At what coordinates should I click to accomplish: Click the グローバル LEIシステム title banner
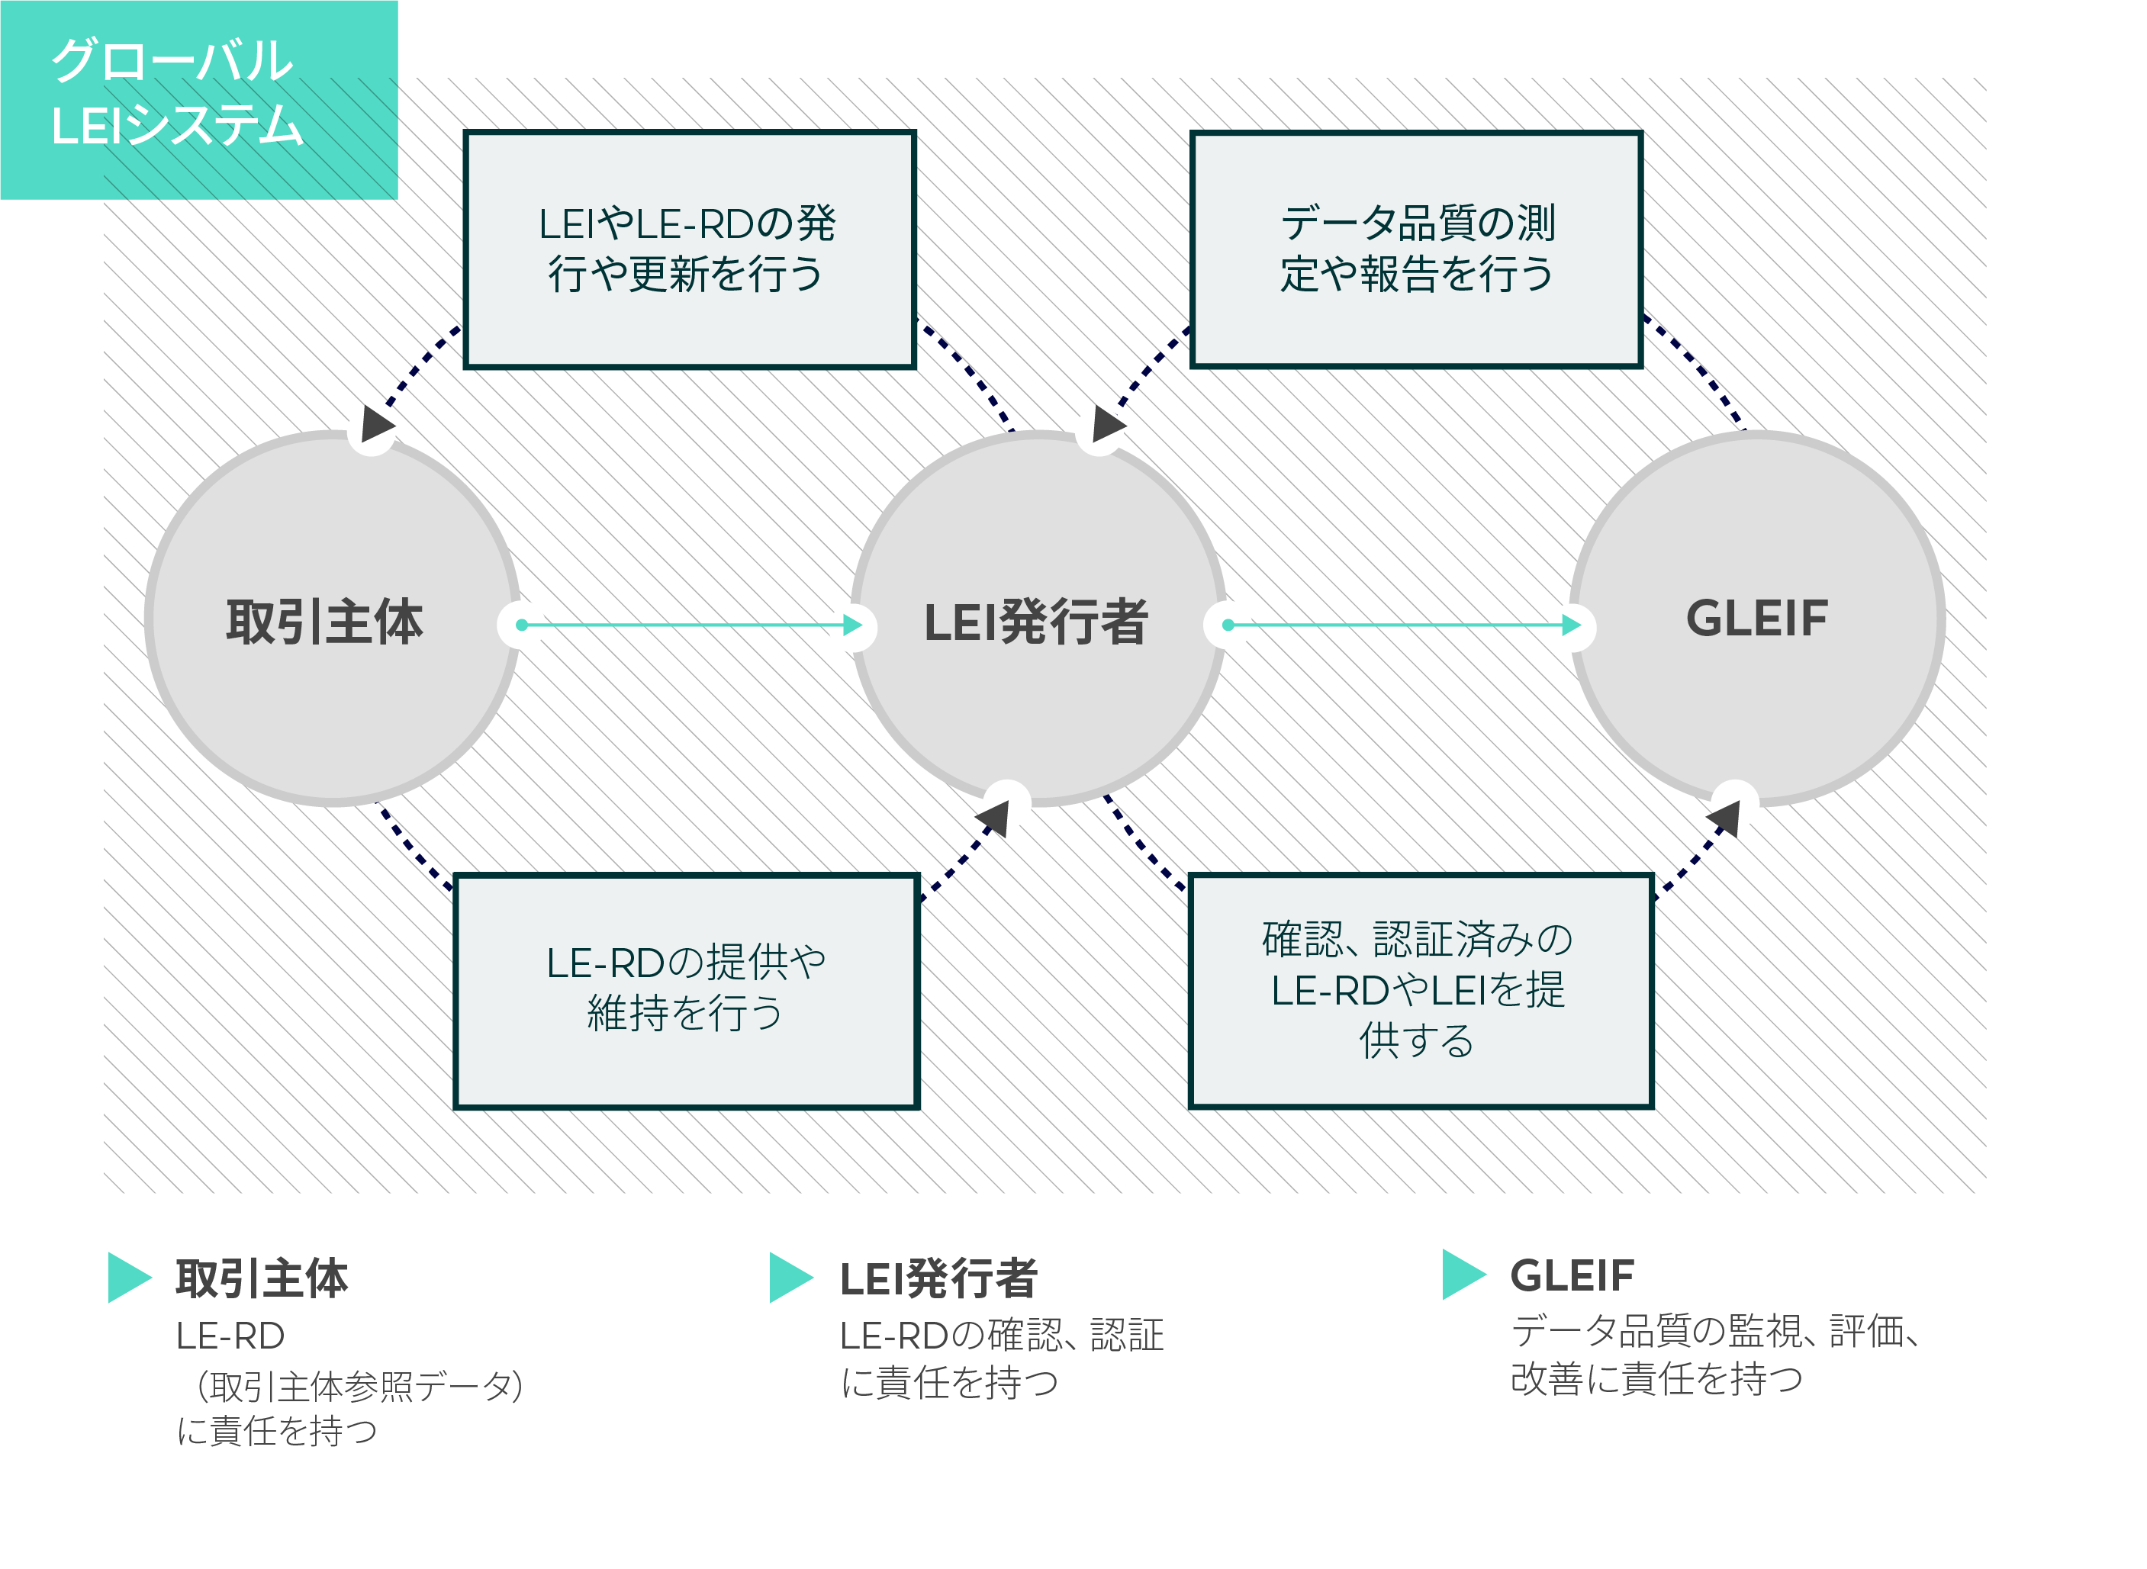click(198, 100)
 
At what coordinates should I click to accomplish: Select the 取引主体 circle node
click(333, 619)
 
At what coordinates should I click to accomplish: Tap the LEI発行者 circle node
click(1038, 619)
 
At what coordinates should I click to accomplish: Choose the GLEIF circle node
click(1757, 619)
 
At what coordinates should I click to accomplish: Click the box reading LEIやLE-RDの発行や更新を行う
click(690, 249)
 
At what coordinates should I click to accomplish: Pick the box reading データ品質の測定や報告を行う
click(1416, 249)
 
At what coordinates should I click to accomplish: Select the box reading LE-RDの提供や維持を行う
click(687, 991)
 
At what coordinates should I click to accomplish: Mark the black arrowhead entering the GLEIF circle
click(1725, 818)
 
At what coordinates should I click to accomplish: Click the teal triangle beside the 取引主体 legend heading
click(129, 1278)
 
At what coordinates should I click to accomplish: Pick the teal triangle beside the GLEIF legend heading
click(1464, 1274)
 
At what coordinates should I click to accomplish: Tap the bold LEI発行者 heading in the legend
click(938, 1278)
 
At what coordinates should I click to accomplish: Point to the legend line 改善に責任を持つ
click(1656, 1379)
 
